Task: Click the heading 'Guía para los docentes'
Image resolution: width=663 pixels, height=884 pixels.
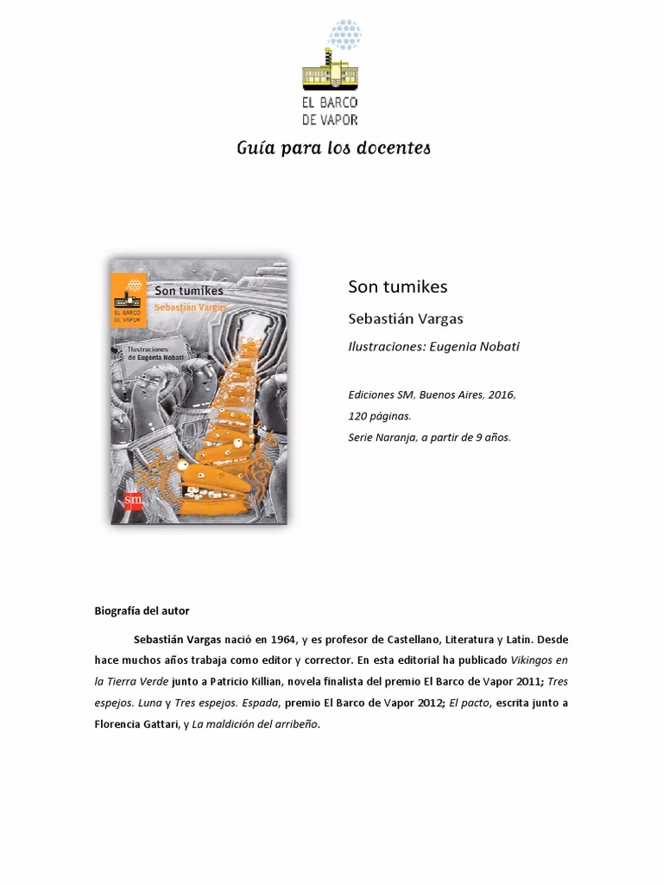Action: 333,148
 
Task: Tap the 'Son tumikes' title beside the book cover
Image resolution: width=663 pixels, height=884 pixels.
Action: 397,286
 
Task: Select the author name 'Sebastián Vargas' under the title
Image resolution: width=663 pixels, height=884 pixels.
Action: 405,319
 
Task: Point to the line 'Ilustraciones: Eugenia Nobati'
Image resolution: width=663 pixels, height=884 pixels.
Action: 433,346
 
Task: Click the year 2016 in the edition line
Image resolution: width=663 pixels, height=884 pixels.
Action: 500,395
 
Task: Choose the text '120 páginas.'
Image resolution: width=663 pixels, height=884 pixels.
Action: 374,416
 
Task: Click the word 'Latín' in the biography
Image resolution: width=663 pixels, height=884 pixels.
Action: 518,640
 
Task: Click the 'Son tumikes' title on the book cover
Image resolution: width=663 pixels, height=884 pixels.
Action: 188,291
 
